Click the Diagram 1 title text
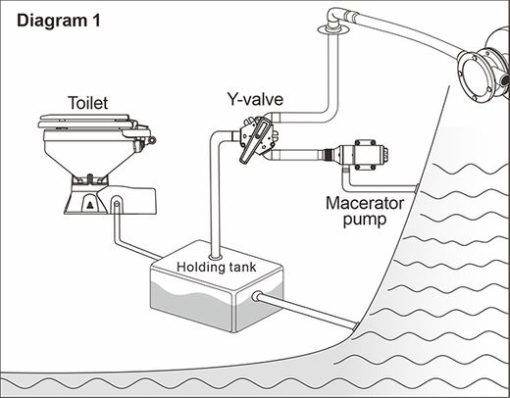pos(59,21)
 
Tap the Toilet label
pos(88,103)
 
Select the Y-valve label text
pos(255,99)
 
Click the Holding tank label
pos(216,267)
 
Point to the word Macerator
pos(365,203)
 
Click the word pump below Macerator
pos(365,220)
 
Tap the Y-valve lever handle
pos(254,141)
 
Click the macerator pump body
pos(364,154)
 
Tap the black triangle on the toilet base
pos(90,205)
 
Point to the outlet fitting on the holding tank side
pos(257,297)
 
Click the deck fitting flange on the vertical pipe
pos(333,30)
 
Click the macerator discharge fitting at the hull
pos(416,188)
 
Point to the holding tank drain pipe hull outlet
pos(356,325)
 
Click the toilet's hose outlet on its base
pos(117,204)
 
